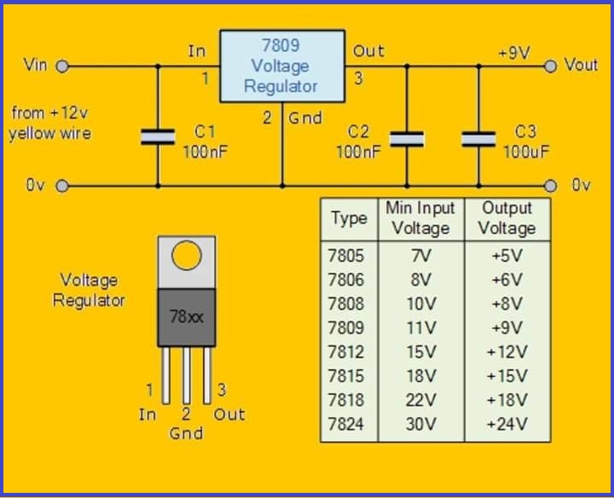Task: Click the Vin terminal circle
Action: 62,67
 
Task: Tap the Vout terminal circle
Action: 550,67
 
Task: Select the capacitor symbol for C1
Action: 158,137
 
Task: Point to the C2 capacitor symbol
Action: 407,139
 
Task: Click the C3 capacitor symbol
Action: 478,139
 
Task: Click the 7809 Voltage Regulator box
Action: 282,67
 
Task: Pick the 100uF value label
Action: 526,152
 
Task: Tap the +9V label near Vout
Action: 514,53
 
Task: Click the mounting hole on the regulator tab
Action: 187,255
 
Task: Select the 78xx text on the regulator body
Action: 187,316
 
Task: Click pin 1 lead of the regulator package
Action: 166,375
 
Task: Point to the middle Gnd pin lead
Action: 187,375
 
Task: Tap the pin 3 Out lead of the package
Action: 207,375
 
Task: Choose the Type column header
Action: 350,218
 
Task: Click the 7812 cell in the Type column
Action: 345,352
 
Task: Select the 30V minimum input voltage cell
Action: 421,425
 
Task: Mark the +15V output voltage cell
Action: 507,376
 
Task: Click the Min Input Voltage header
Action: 420,218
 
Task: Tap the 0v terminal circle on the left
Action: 62,186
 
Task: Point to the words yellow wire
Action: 49,134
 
